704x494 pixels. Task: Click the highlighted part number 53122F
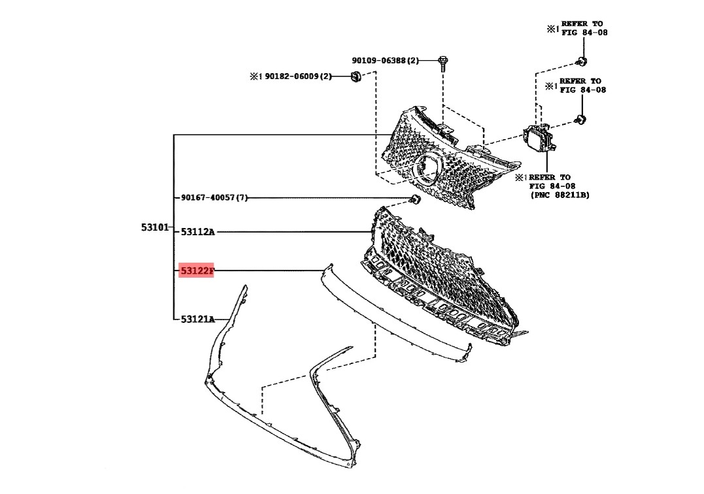point(197,271)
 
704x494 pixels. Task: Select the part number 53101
point(155,227)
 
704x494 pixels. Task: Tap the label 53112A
point(198,232)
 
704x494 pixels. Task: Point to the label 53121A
point(198,319)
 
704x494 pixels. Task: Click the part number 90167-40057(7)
point(214,197)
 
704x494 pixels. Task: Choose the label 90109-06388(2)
point(385,60)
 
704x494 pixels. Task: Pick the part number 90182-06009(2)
point(298,76)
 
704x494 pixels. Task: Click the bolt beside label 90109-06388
point(444,63)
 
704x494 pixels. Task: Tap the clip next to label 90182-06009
point(356,76)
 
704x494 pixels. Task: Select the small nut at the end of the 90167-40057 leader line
point(416,200)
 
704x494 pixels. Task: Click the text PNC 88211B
point(560,195)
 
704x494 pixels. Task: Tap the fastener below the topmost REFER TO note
point(582,61)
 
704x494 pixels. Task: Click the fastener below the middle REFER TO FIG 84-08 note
point(581,120)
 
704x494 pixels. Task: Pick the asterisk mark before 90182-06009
point(256,76)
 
